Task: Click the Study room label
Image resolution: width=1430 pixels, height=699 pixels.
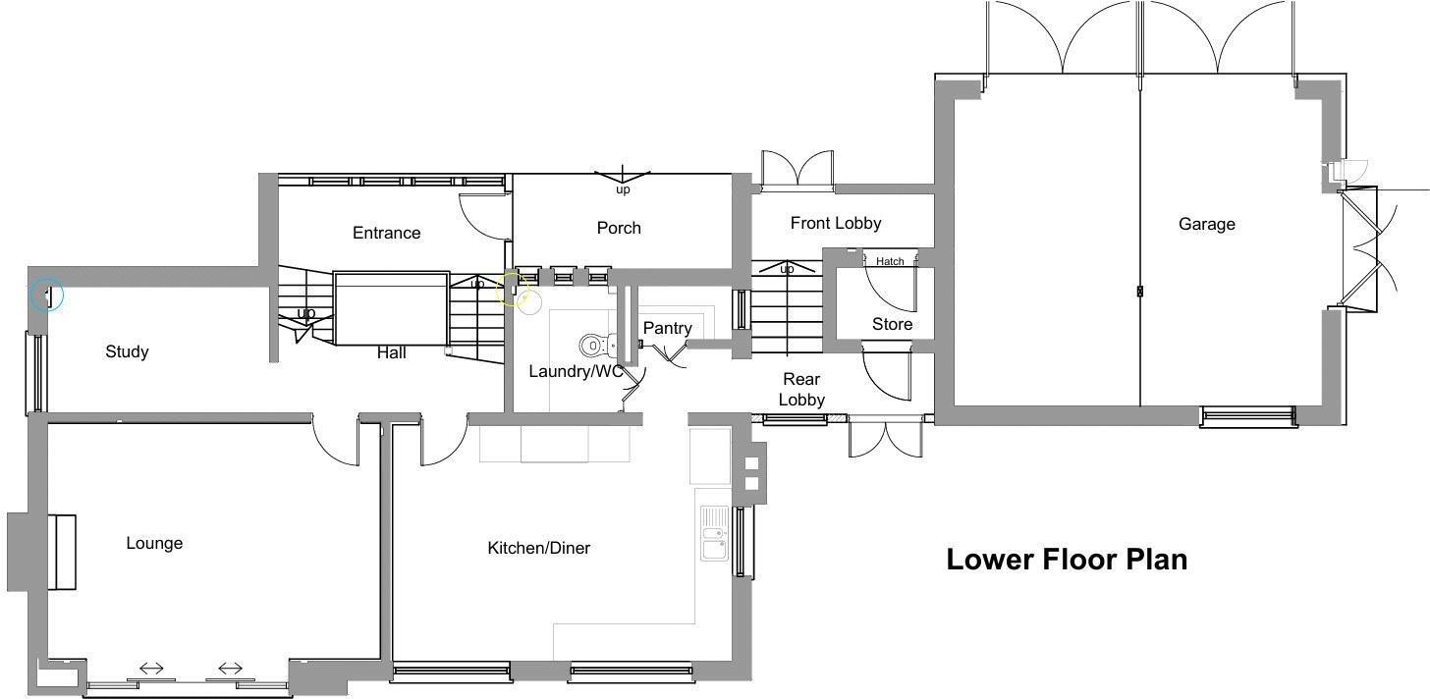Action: click(x=127, y=351)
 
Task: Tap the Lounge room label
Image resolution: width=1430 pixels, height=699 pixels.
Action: click(x=154, y=543)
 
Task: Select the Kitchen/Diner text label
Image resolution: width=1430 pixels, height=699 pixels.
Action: click(x=538, y=548)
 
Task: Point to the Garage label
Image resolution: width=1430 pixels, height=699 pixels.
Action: click(x=1206, y=224)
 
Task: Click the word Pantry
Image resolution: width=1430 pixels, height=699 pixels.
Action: click(x=667, y=328)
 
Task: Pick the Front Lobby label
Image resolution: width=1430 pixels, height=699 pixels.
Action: click(x=835, y=223)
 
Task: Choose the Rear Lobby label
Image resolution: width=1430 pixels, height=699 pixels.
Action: click(x=800, y=389)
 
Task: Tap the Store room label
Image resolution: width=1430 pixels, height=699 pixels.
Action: click(x=892, y=324)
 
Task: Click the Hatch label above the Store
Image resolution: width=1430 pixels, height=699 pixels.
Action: click(x=890, y=261)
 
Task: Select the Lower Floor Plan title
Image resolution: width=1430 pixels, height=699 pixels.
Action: click(x=1067, y=560)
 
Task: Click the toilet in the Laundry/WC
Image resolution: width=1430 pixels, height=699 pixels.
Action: click(x=595, y=345)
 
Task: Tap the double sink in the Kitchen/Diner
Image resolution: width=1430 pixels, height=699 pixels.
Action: click(x=713, y=536)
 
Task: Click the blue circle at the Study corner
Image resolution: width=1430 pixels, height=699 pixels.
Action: click(x=46, y=294)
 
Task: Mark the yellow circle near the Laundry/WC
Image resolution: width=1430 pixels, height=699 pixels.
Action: click(x=512, y=290)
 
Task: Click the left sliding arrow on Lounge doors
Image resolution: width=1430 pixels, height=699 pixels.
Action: click(x=151, y=669)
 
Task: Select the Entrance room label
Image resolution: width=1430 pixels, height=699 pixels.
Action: click(x=386, y=233)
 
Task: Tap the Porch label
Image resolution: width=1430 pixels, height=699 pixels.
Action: click(x=619, y=228)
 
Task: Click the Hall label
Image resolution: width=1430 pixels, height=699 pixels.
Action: click(x=391, y=352)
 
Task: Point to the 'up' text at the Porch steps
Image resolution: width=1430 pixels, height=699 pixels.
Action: click(x=623, y=189)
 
